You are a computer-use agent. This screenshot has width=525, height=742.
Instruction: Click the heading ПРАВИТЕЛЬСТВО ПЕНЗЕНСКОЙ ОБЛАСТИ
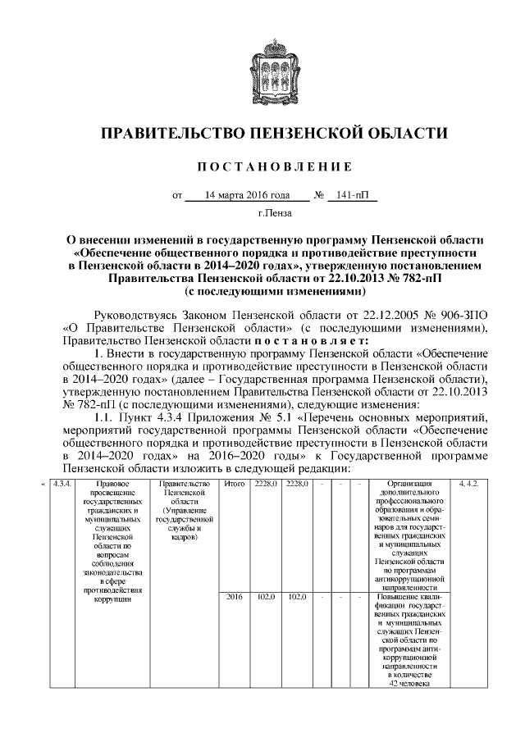click(262, 134)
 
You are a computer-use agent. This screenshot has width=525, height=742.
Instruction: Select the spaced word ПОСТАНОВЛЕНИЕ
click(262, 167)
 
